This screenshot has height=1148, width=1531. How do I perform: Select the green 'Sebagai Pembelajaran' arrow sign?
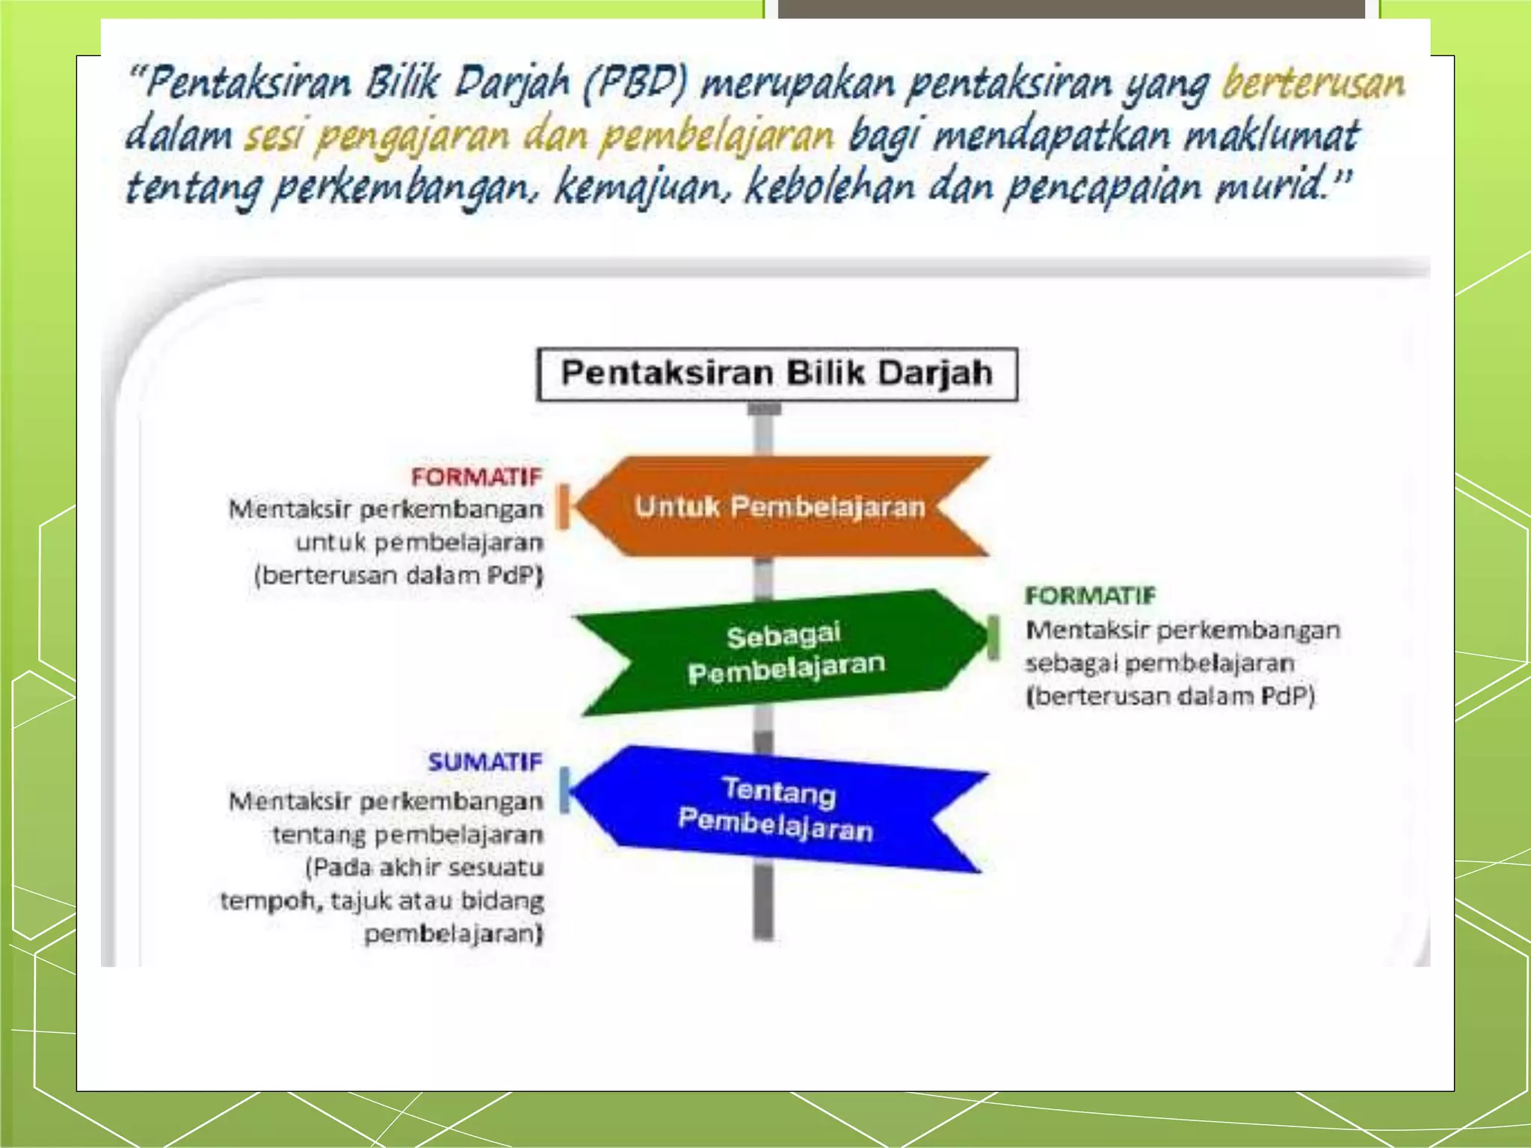click(x=781, y=652)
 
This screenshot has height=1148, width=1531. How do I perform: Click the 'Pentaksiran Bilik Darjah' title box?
click(x=777, y=374)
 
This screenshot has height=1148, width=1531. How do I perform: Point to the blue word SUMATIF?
click(x=484, y=762)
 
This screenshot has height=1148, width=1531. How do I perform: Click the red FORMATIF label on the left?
click(x=476, y=477)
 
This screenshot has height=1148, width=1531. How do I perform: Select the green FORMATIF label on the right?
click(x=1089, y=596)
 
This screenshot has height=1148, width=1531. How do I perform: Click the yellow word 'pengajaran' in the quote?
click(x=411, y=138)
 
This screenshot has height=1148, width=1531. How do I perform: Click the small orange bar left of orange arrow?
click(x=564, y=507)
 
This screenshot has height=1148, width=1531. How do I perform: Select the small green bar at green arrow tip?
click(x=993, y=638)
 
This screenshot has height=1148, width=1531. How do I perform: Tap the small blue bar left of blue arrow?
click(x=564, y=789)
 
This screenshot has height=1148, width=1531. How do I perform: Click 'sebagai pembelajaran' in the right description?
click(x=1159, y=664)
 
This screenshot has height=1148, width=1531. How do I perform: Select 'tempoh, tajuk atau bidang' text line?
click(x=382, y=901)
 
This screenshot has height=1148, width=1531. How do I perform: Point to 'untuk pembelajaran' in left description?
click(x=419, y=543)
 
